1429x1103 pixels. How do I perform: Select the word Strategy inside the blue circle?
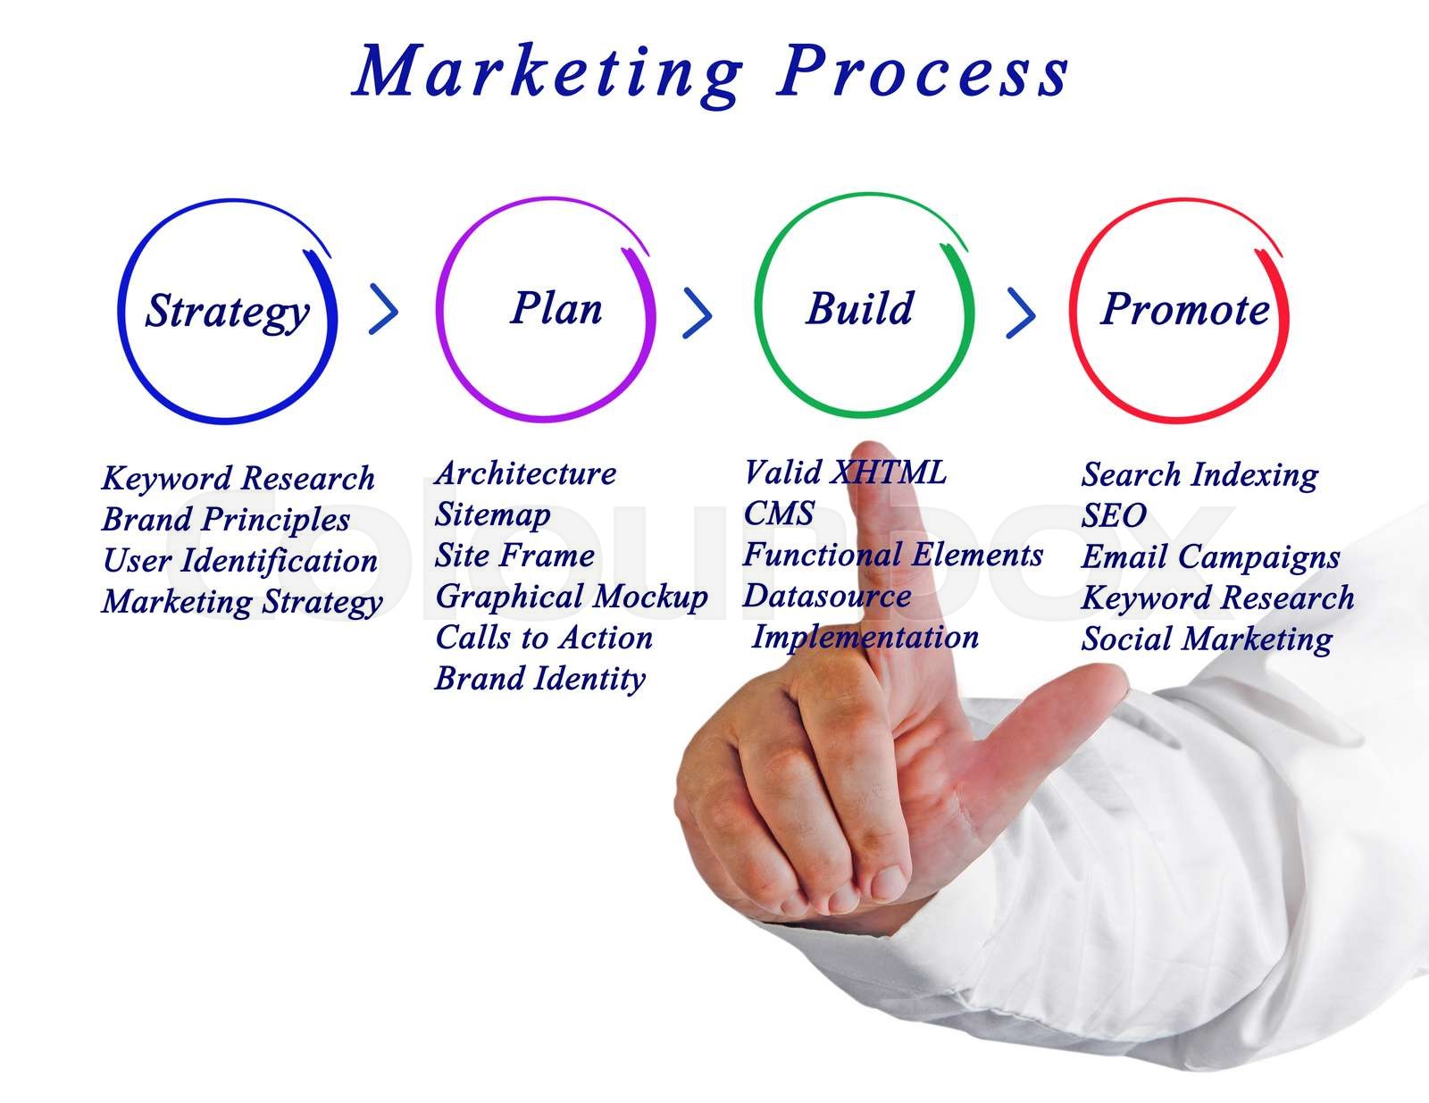(228, 312)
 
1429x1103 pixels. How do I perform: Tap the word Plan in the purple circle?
(556, 309)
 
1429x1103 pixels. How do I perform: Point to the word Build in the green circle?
(860, 309)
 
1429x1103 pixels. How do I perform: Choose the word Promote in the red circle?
(1184, 310)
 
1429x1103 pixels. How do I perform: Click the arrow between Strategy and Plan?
(384, 310)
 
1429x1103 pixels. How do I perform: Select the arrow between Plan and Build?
(698, 312)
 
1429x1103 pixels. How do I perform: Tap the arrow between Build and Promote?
(1021, 312)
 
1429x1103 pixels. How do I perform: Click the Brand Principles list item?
(226, 520)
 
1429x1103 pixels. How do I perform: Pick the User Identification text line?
(239, 561)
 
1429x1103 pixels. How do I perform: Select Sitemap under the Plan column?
(492, 515)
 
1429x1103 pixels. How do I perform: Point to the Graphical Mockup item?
(571, 597)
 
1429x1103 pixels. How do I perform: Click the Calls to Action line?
(544, 638)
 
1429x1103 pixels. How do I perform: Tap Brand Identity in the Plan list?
(539, 679)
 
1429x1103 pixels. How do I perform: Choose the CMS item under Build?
(779, 514)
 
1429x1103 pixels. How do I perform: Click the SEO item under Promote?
(1114, 515)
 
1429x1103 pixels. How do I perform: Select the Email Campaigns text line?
(1210, 557)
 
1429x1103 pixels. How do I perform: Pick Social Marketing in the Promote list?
(1207, 639)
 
